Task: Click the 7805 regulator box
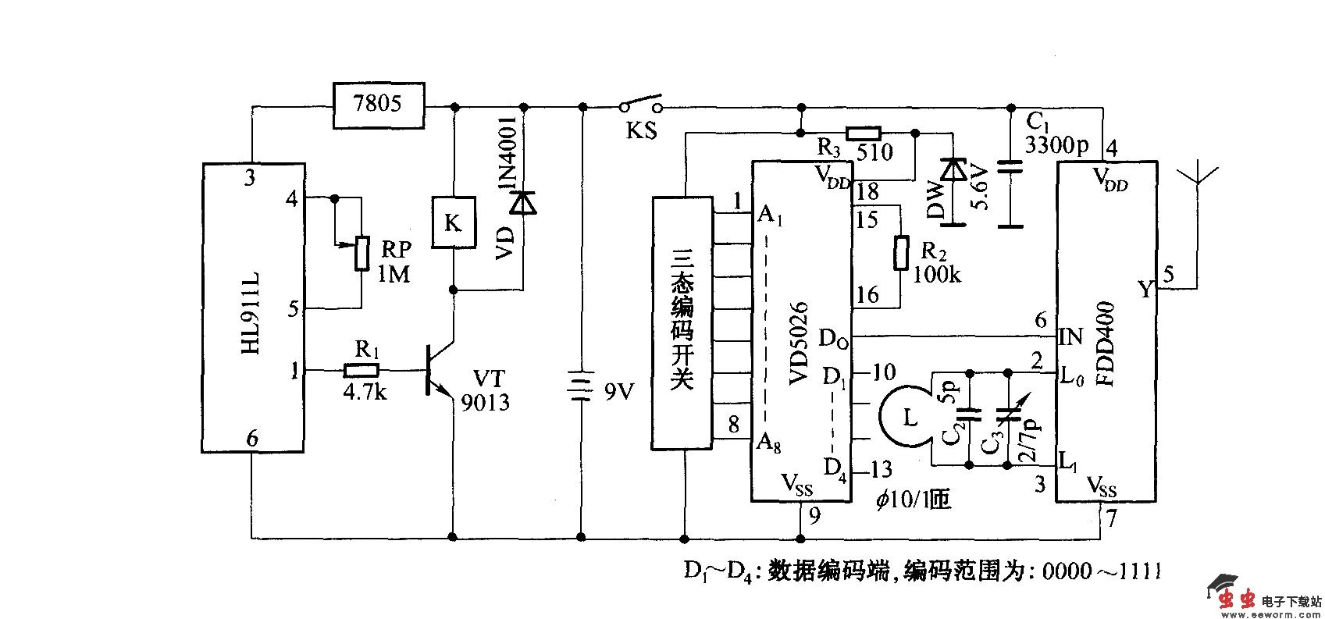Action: click(379, 105)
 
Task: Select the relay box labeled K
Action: click(453, 223)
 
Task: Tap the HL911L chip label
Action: click(251, 312)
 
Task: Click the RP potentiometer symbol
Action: click(361, 252)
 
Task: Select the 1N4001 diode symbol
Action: click(522, 202)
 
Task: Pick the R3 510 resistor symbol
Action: click(864, 133)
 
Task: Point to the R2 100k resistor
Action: click(900, 252)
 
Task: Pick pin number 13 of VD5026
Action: click(882, 469)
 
